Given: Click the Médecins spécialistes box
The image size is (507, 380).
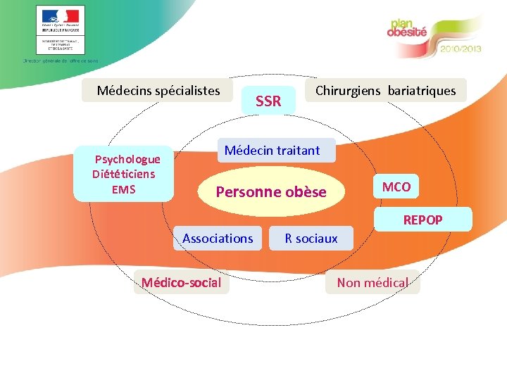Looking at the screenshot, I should click(158, 90).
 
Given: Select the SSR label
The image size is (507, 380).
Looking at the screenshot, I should click(268, 101).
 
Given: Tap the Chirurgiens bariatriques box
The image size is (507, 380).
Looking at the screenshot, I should click(385, 90).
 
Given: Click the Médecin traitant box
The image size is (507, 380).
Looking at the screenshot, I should click(272, 150).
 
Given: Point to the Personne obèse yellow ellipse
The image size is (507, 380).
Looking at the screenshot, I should click(271, 191).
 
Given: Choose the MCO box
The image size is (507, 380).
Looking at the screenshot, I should click(396, 186).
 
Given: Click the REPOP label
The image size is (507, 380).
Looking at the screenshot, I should click(423, 220).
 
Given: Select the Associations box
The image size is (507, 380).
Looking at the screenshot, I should click(218, 239).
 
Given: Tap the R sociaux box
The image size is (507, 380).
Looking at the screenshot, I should click(311, 239).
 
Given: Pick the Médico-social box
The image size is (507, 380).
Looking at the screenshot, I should click(181, 283).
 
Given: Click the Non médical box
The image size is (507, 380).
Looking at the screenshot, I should click(373, 283).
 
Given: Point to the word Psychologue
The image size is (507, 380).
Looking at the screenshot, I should click(127, 160).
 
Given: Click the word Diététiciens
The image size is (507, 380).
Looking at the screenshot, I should click(124, 174).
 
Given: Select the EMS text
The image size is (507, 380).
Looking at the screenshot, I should click(123, 189).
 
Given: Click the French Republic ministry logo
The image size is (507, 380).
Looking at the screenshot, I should click(60, 30).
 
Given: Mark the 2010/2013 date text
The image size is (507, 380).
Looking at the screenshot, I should click(461, 50).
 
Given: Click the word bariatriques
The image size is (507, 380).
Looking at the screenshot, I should click(422, 90).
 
